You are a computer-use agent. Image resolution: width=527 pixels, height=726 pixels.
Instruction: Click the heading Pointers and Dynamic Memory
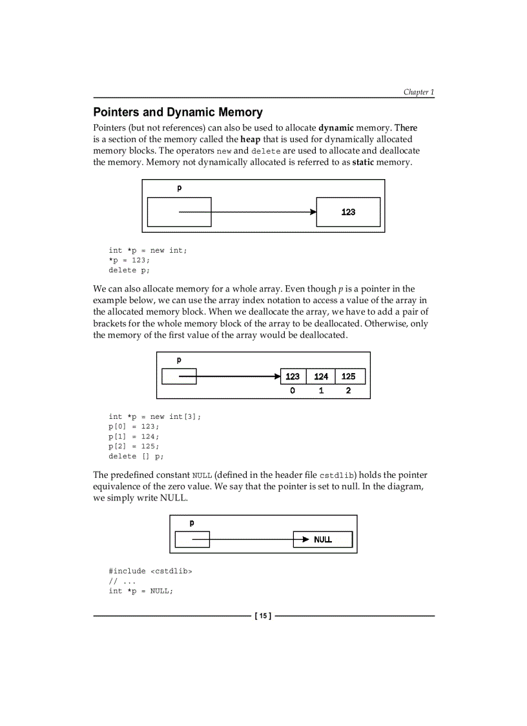[x=178, y=112]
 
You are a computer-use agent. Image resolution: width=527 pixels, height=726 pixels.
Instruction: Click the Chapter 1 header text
[x=418, y=92]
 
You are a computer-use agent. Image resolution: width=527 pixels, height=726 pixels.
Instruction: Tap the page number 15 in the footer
[x=263, y=616]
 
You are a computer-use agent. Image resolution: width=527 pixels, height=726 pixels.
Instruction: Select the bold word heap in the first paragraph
[x=251, y=139]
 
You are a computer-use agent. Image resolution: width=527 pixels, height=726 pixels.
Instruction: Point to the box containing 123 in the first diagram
[x=348, y=212]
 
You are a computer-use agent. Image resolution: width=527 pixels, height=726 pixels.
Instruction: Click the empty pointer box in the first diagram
[x=179, y=212]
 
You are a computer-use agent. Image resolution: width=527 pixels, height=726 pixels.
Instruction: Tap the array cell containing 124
[x=321, y=376]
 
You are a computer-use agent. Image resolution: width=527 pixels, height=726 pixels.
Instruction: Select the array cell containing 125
[x=349, y=376]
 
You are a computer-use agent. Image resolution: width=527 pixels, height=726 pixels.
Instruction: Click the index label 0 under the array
[x=293, y=391]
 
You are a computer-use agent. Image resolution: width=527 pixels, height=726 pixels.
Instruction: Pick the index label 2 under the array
[x=349, y=391]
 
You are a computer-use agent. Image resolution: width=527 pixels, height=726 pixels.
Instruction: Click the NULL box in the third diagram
[x=323, y=539]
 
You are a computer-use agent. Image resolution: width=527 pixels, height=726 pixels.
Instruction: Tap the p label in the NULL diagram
[x=192, y=523]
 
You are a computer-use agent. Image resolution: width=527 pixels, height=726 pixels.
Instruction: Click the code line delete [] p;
[x=136, y=456]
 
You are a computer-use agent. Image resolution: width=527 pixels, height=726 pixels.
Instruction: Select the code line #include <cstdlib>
[x=150, y=571]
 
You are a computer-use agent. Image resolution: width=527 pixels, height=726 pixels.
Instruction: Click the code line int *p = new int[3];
[x=155, y=417]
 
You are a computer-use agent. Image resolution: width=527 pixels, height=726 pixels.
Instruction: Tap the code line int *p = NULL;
[x=141, y=591]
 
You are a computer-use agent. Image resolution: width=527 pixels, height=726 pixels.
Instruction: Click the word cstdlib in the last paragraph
[x=336, y=476]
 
